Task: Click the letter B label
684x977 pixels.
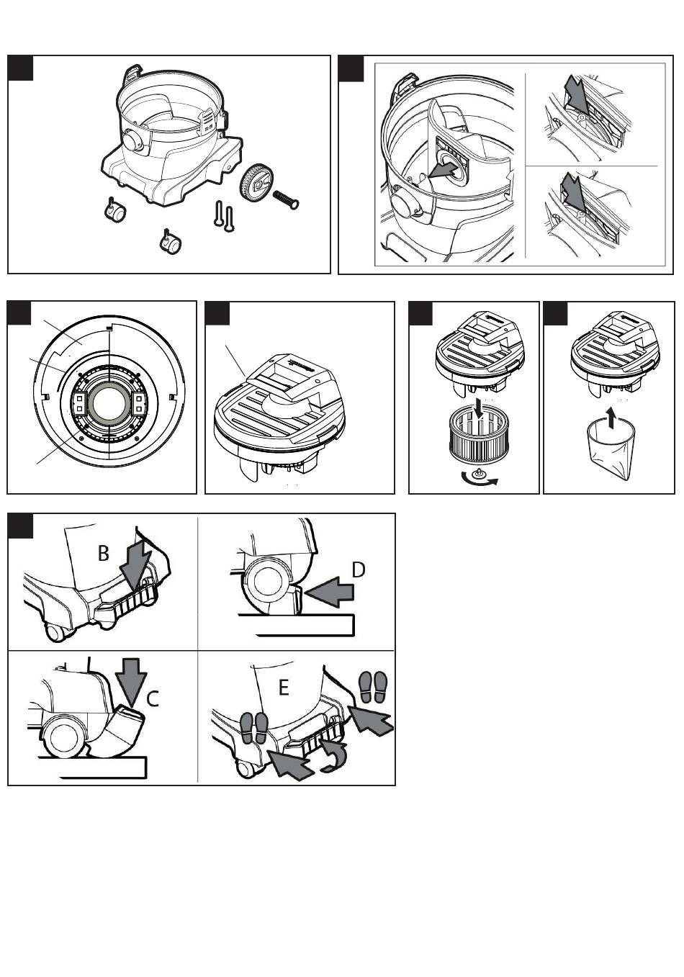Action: click(x=104, y=553)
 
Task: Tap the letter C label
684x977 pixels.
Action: click(x=153, y=698)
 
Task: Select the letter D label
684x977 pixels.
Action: click(x=358, y=569)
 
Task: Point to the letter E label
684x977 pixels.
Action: click(x=283, y=688)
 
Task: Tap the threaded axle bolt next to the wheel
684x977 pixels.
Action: click(x=285, y=199)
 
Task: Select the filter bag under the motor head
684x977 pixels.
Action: click(x=607, y=451)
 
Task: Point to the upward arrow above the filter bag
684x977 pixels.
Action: click(x=611, y=416)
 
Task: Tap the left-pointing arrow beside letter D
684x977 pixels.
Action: click(x=329, y=592)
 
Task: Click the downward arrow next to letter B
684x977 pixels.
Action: click(x=135, y=564)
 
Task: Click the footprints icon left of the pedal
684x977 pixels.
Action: click(x=253, y=727)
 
